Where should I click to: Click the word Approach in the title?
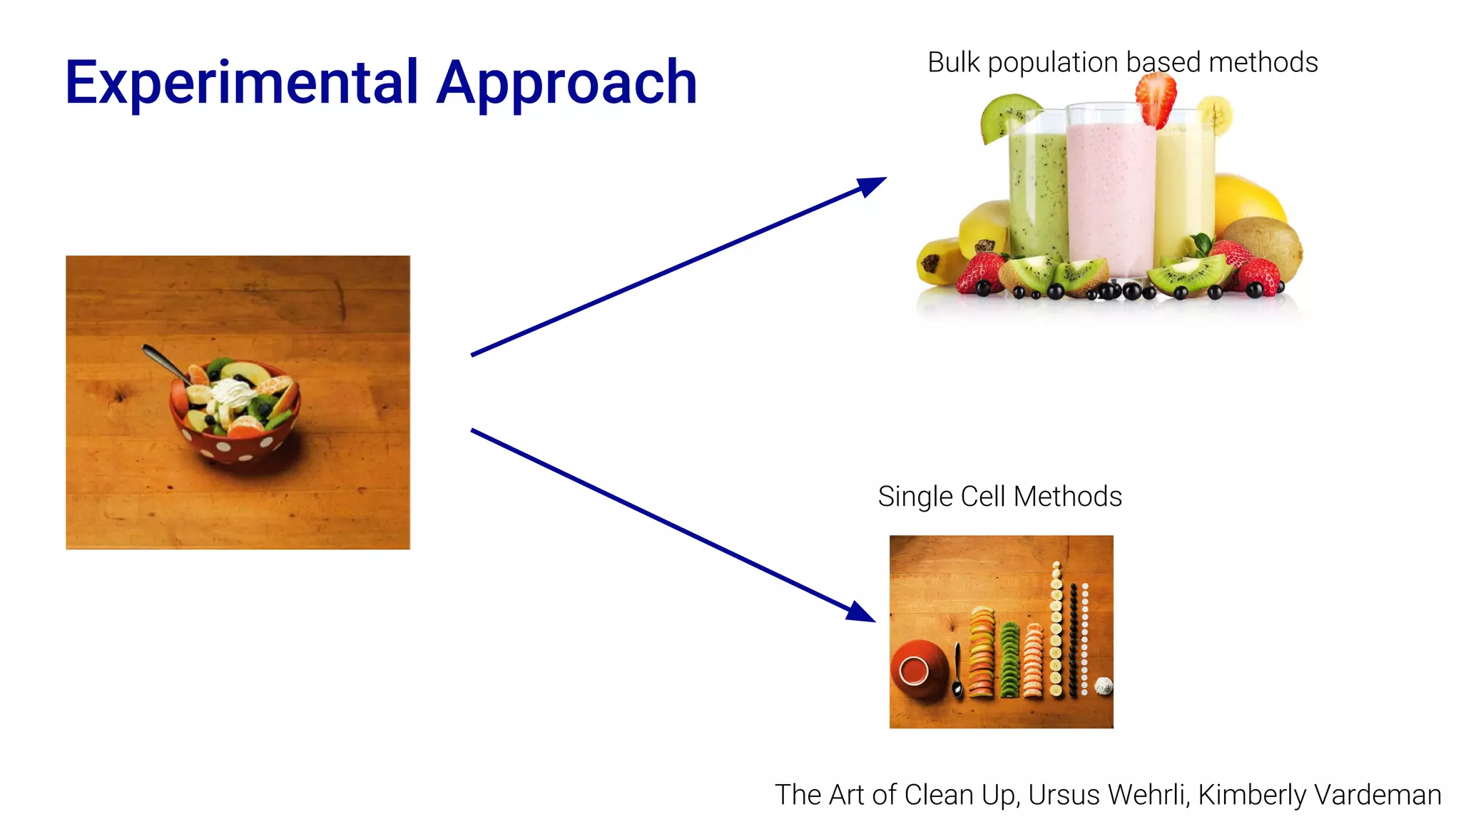(x=566, y=84)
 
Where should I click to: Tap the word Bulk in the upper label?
(x=954, y=63)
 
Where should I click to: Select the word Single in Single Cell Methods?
(x=915, y=497)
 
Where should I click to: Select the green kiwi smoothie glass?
(x=1037, y=193)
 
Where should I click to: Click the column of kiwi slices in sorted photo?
(x=1009, y=661)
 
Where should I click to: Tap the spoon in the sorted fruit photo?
(x=957, y=671)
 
